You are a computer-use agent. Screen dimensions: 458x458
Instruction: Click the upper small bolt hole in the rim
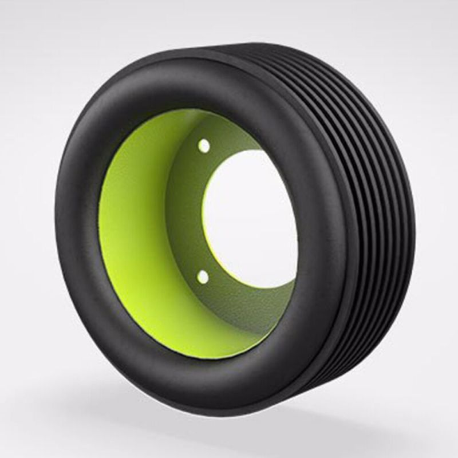click(204, 146)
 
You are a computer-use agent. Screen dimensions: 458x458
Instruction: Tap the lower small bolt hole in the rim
click(202, 277)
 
